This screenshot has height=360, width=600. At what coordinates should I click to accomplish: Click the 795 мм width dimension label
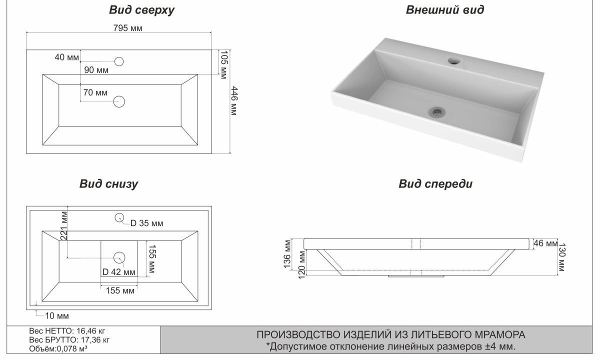click(x=128, y=28)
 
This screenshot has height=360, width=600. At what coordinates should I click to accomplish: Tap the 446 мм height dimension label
click(x=234, y=100)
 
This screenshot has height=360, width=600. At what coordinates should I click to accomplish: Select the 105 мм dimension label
click(x=223, y=64)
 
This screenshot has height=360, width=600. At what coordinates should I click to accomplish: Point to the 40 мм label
click(x=66, y=57)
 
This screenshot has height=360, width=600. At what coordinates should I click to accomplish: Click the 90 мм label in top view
click(x=96, y=70)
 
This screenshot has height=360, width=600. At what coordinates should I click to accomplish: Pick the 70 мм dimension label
click(x=95, y=92)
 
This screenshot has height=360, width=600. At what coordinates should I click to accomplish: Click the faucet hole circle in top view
click(x=119, y=61)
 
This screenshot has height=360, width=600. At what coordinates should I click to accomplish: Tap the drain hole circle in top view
click(x=119, y=102)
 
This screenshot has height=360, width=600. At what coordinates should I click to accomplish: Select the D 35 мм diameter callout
click(x=147, y=223)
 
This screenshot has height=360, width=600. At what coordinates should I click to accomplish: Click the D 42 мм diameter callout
click(x=119, y=272)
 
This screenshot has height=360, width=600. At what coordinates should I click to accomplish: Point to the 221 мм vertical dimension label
click(x=64, y=225)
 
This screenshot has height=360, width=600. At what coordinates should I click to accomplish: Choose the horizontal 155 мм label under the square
click(x=120, y=290)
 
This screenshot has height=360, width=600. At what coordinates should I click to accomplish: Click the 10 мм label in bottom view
click(x=57, y=316)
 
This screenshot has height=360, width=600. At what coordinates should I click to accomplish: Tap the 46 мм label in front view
click(x=545, y=243)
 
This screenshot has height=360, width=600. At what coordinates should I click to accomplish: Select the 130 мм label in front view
click(x=561, y=257)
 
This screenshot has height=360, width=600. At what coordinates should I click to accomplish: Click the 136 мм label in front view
click(x=287, y=254)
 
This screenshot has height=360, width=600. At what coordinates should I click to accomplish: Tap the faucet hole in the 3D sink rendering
click(x=454, y=61)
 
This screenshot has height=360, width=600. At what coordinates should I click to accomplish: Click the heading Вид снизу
click(x=108, y=184)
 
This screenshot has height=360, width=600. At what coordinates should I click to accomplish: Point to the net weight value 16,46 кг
click(x=91, y=331)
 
